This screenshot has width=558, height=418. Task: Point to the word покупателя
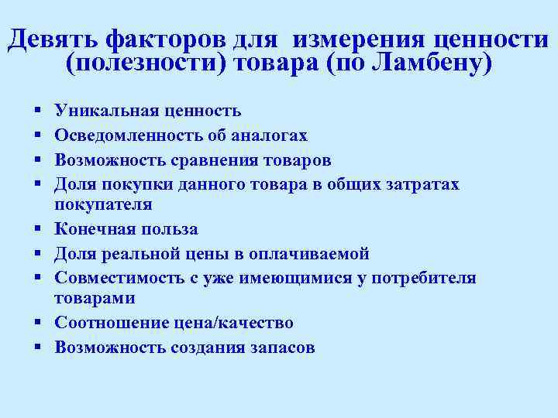(103, 204)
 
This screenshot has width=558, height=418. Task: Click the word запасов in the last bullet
(281, 347)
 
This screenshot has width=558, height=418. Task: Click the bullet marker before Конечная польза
(37, 230)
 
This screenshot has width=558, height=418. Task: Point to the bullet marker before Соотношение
(37, 324)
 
